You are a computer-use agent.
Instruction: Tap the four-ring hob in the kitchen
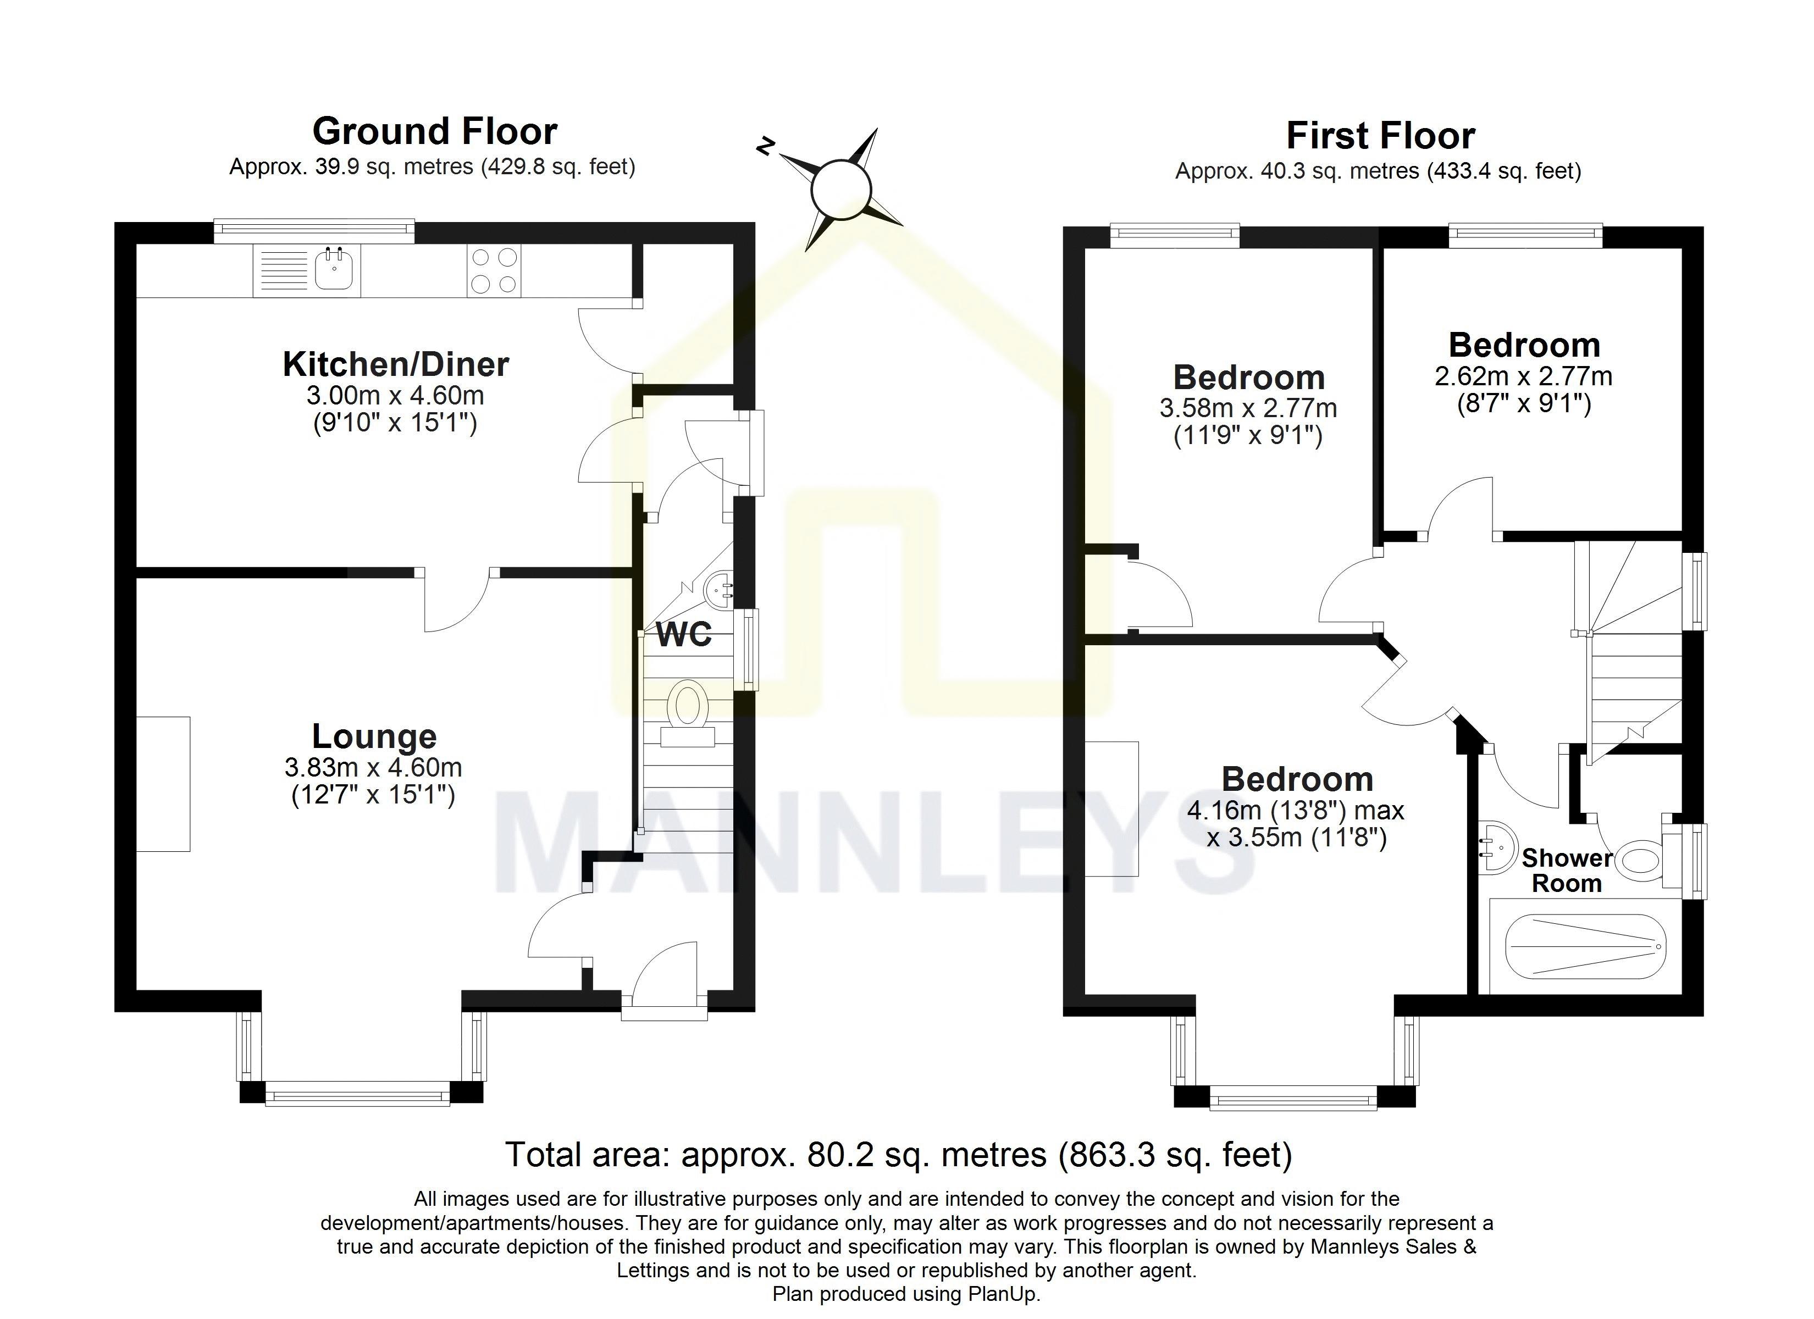[x=494, y=270]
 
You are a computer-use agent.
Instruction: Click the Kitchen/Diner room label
[x=395, y=365]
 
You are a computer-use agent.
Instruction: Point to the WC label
[x=684, y=635]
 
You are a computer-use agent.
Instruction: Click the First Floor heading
[x=1380, y=136]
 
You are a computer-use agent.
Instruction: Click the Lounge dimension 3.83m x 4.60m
[x=373, y=768]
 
